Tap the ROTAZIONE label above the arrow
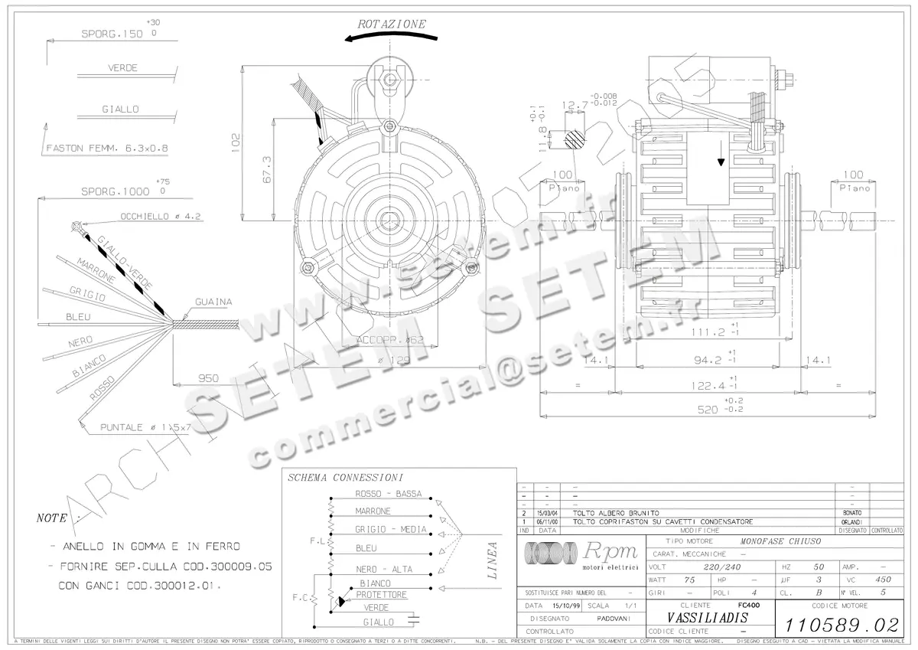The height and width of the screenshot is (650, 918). [392, 24]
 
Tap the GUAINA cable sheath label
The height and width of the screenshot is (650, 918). [213, 302]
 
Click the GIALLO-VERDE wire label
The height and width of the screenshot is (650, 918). [122, 261]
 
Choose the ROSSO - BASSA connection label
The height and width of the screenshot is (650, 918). [388, 494]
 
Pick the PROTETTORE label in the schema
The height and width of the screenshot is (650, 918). [381, 595]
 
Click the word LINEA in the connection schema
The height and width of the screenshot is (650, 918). [492, 560]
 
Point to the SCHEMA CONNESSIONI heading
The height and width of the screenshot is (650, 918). [345, 477]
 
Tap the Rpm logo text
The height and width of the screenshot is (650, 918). [610, 551]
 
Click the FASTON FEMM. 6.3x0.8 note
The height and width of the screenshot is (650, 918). [107, 149]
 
